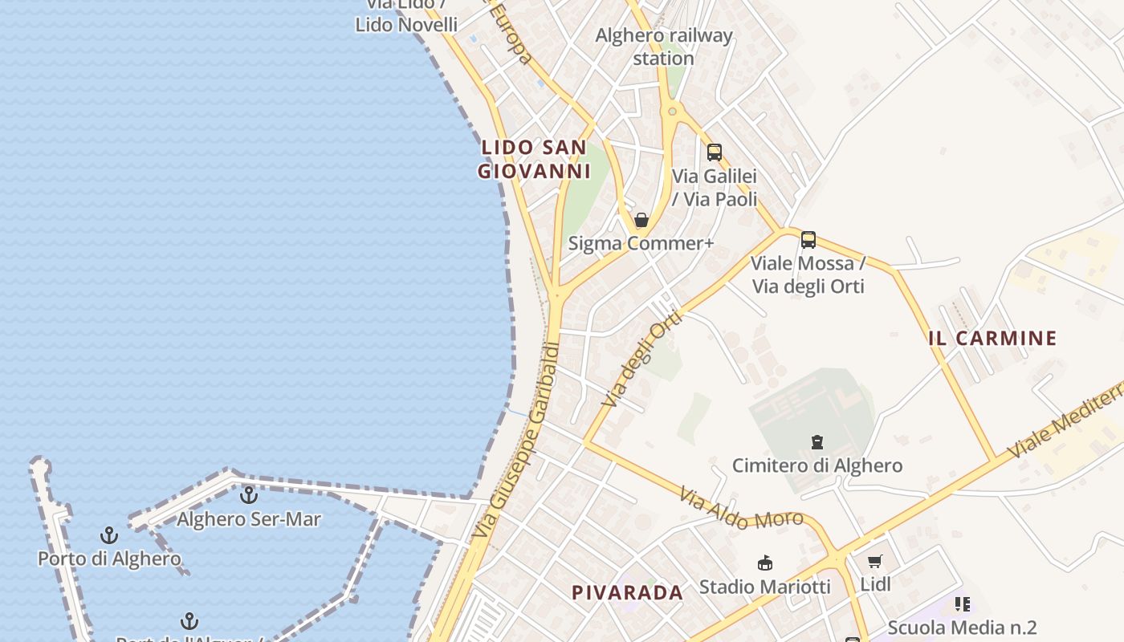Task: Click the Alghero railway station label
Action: tap(664, 47)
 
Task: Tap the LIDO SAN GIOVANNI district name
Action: tap(534, 159)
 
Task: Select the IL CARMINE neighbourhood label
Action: tap(992, 339)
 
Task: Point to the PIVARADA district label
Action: tap(627, 593)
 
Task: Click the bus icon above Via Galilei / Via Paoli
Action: tap(714, 152)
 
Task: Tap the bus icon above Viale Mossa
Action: tap(808, 239)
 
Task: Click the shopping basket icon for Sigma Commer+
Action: tap(641, 220)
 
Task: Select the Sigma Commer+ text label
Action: tap(641, 243)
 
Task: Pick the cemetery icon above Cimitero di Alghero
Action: tap(817, 442)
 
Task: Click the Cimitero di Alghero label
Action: tap(817, 465)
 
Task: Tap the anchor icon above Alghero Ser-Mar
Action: tap(249, 495)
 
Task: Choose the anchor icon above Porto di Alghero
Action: tap(109, 534)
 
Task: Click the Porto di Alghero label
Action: tap(109, 559)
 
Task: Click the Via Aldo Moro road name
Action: tap(741, 510)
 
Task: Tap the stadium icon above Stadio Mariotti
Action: tap(765, 563)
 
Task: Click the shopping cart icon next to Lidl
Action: tap(874, 562)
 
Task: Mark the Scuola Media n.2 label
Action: tap(962, 628)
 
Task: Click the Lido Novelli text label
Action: tap(406, 25)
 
